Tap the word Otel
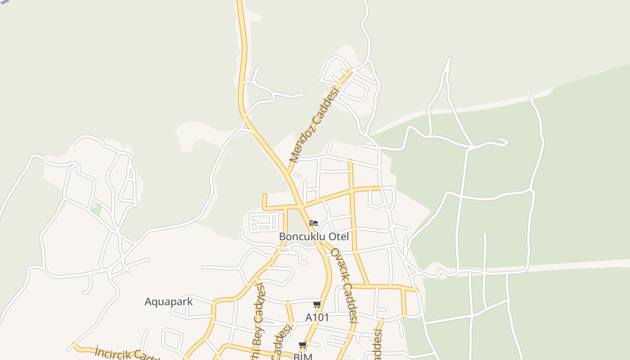click(338, 237)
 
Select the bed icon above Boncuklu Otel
click(314, 223)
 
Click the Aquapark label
click(168, 301)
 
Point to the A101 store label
click(317, 317)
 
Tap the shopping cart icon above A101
click(317, 305)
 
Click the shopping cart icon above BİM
click(302, 345)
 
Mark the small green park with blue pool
click(95, 208)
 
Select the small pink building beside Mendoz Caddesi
click(297, 175)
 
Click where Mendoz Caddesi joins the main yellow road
click(287, 171)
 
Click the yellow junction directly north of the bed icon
click(301, 207)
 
